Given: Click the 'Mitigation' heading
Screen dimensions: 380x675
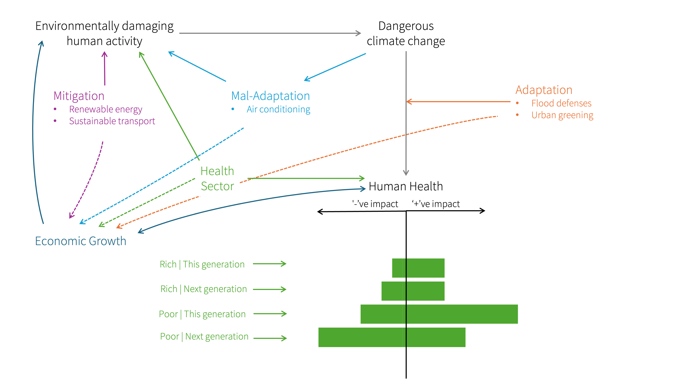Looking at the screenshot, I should (79, 96).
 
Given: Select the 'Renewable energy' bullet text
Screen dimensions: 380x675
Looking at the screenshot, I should (106, 109).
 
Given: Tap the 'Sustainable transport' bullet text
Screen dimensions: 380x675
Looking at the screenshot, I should (112, 121).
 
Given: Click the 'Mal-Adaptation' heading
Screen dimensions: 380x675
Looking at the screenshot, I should (270, 96).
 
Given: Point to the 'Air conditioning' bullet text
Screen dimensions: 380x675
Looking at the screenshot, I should (278, 109).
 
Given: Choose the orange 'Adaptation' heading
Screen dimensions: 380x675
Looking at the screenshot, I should (544, 90).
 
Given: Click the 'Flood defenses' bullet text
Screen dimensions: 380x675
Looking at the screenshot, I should (561, 103).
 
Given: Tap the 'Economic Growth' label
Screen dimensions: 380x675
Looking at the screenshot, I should (81, 241).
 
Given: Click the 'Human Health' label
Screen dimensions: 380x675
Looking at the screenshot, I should (406, 186).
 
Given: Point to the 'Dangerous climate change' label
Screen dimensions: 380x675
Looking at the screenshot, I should (406, 34).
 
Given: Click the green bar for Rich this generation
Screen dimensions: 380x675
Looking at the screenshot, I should (418, 268).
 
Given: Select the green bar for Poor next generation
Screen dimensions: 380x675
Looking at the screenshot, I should (392, 337).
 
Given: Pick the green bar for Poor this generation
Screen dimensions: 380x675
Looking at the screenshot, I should (439, 314).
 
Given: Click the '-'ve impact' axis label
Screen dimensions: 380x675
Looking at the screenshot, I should (375, 204).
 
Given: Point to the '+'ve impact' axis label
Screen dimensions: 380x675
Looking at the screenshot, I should (436, 204).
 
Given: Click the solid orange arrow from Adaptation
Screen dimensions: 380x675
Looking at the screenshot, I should (459, 101).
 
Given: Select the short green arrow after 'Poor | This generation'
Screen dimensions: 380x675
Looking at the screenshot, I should (270, 314).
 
